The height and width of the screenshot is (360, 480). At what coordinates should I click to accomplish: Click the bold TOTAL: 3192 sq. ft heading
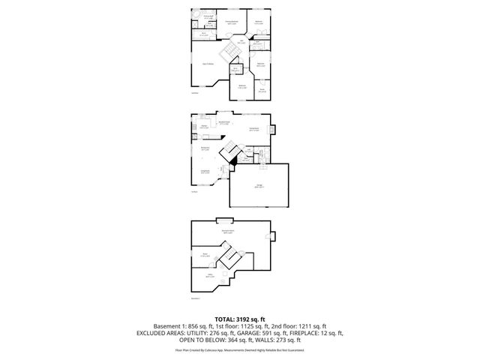click(x=239, y=318)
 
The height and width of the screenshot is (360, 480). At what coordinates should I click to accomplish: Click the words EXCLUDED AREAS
click(x=172, y=332)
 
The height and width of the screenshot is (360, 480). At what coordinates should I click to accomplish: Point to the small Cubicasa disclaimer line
click(x=239, y=349)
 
